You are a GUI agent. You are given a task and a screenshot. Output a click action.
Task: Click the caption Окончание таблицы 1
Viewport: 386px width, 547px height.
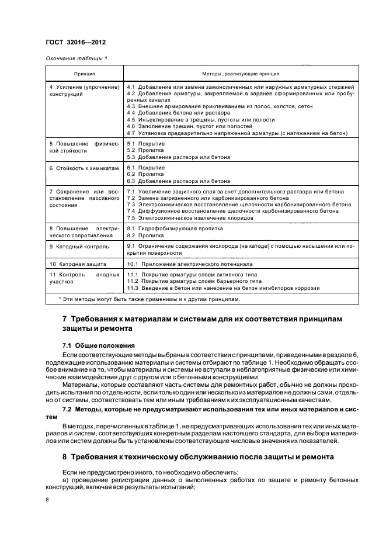tap(76, 58)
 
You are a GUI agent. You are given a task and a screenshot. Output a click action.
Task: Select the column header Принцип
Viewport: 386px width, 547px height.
tap(84, 75)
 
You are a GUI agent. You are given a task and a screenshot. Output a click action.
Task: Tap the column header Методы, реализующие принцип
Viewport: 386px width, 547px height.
tap(241, 75)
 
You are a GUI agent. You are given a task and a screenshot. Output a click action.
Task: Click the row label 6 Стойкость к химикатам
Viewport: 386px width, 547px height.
tap(84, 168)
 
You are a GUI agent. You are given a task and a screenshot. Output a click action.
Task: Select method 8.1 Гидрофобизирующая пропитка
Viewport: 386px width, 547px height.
tap(171, 229)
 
